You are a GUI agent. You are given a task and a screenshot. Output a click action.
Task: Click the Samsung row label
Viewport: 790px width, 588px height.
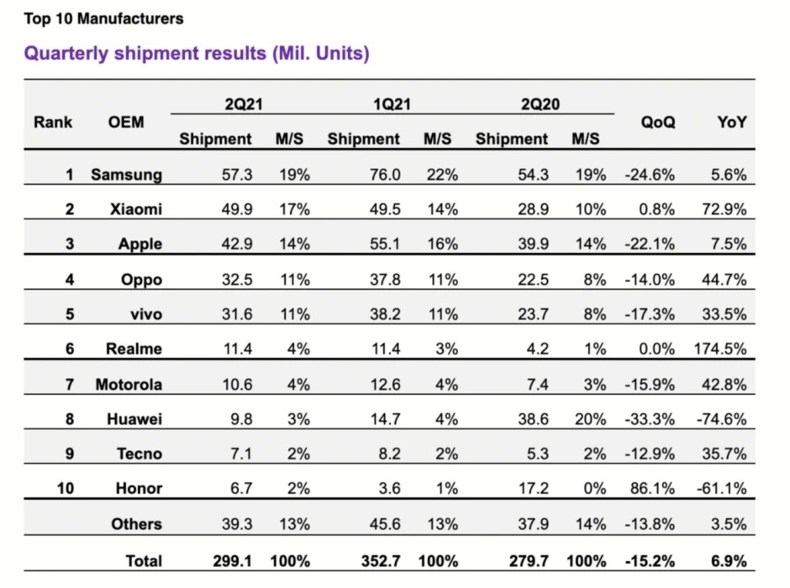pyautogui.click(x=126, y=175)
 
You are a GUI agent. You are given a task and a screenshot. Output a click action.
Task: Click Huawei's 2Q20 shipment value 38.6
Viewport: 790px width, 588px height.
pyautogui.click(x=533, y=418)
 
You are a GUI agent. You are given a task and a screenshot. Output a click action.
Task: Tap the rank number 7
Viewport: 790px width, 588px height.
pyautogui.click(x=69, y=384)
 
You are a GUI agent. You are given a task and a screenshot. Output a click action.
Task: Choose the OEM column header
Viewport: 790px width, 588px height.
pyautogui.click(x=126, y=123)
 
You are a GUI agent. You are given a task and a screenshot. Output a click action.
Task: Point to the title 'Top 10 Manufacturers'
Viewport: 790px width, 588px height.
pyautogui.click(x=103, y=18)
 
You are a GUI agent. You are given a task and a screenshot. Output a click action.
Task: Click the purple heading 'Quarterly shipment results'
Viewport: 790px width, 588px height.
pyautogui.click(x=197, y=54)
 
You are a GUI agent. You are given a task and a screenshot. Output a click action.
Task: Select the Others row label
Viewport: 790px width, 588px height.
pyautogui.click(x=136, y=524)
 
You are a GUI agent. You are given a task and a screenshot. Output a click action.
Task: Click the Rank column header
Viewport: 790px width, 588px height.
pyautogui.click(x=53, y=123)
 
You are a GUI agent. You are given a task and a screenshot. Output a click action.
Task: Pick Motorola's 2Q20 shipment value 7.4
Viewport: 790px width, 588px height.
pyautogui.click(x=540, y=384)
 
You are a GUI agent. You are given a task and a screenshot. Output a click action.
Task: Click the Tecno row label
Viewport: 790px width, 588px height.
pyautogui.click(x=140, y=454)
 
